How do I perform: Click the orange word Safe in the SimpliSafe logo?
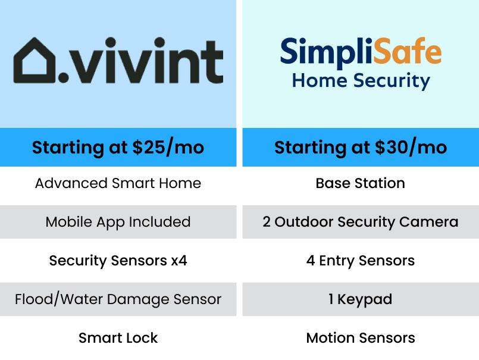407,51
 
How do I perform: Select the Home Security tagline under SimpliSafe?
361,81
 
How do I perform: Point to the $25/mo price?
168,148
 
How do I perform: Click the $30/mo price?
411,148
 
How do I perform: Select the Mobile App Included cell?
118,222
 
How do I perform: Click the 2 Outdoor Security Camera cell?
361,222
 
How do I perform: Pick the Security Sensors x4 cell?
118,261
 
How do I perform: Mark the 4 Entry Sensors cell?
361,261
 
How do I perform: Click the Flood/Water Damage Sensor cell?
118,299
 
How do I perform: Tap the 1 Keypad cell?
361,299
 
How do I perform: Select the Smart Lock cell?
118,338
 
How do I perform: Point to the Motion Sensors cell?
361,338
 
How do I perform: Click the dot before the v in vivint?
64,77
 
